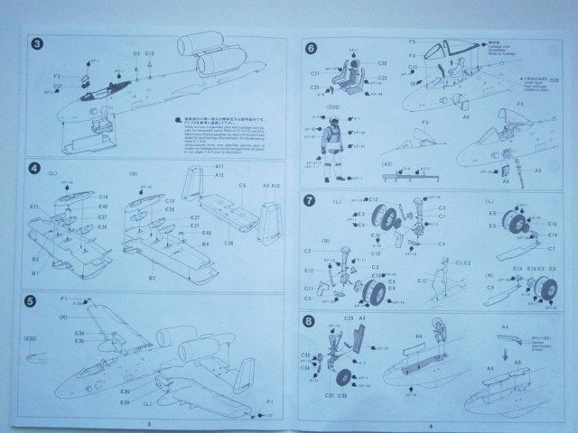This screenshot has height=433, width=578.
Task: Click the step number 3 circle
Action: click(x=34, y=44)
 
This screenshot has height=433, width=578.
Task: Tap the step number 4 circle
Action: click(x=34, y=168)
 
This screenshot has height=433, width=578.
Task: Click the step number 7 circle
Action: click(x=310, y=199)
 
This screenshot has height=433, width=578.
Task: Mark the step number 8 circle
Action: click(x=310, y=320)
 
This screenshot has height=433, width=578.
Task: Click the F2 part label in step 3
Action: click(x=57, y=76)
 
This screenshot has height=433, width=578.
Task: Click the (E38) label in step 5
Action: click(x=33, y=338)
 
